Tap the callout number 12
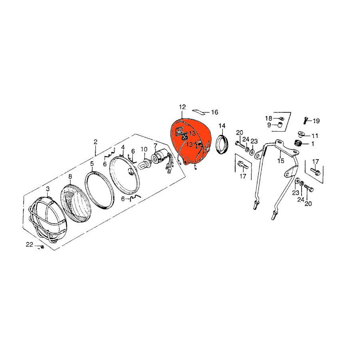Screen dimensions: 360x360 pos(182,107)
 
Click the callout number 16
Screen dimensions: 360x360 pos(215,112)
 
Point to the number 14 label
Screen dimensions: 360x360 pos(222,126)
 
